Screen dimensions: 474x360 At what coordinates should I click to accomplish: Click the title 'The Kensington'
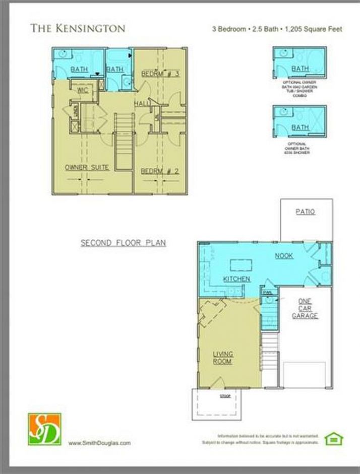click(78, 28)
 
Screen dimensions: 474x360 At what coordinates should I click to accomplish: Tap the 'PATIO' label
click(305, 212)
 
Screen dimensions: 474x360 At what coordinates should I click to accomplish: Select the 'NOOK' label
click(284, 256)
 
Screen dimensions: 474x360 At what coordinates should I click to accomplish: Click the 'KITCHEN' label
click(236, 279)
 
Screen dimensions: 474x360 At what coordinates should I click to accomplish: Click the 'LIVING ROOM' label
click(222, 357)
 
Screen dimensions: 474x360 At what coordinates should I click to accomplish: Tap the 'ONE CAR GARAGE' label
click(305, 308)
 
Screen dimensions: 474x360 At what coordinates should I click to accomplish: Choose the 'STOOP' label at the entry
click(225, 396)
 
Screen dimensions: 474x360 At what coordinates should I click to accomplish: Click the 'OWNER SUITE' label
click(87, 167)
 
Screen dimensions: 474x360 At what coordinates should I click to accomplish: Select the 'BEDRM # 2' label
click(160, 171)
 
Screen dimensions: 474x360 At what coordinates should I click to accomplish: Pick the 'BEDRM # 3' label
click(160, 74)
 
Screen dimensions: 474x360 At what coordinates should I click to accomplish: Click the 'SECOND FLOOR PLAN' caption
click(124, 243)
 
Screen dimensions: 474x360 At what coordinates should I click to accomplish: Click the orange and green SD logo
click(44, 429)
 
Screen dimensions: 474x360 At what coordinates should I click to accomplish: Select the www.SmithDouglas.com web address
click(99, 443)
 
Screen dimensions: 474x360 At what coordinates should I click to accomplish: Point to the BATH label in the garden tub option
click(300, 69)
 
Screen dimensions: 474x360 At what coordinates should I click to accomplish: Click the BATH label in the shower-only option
click(300, 127)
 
